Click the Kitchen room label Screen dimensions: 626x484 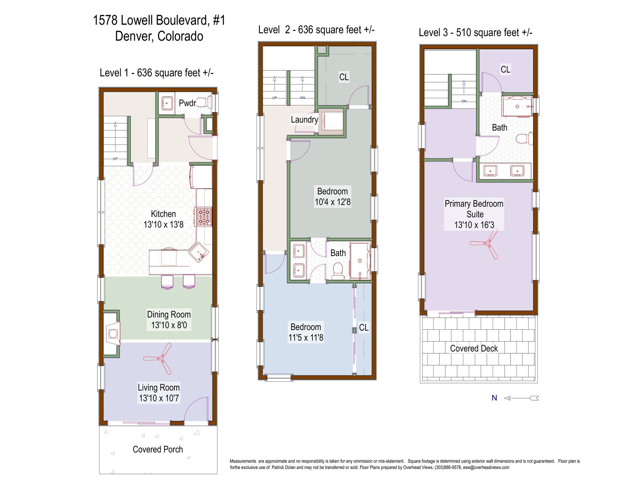[x=163, y=214]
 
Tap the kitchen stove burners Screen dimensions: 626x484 [x=203, y=217]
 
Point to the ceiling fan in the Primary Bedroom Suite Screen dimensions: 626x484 [x=487, y=244]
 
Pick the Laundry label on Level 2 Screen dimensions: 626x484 [x=304, y=120]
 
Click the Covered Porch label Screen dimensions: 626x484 [x=158, y=449]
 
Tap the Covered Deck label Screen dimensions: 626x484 [x=474, y=348]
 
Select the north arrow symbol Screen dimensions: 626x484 [x=521, y=398]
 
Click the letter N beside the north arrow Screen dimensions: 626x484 [x=494, y=398]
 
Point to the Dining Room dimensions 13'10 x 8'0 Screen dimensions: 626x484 [x=169, y=325]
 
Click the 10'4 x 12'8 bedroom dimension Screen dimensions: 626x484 [x=333, y=202]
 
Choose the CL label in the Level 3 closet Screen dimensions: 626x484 [x=505, y=69]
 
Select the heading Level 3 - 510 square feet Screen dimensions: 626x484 [x=475, y=33]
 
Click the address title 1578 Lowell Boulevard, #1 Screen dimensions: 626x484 [x=159, y=20]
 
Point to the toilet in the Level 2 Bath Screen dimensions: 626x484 [x=338, y=271]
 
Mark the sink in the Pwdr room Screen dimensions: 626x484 [x=167, y=103]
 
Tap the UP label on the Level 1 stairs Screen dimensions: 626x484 [x=115, y=159]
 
